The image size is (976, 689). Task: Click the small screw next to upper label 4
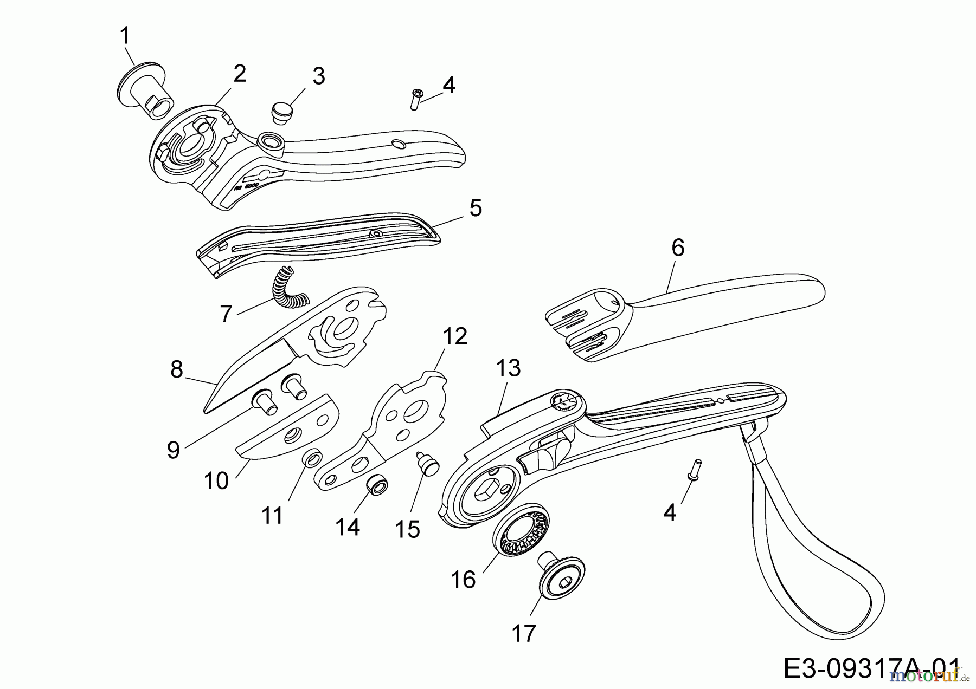tap(415, 99)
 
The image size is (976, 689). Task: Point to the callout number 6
tap(678, 248)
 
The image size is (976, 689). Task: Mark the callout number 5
tap(475, 207)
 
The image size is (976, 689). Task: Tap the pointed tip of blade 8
tap(206, 410)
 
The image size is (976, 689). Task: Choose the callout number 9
tap(173, 449)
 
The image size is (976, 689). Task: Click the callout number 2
tap(239, 73)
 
